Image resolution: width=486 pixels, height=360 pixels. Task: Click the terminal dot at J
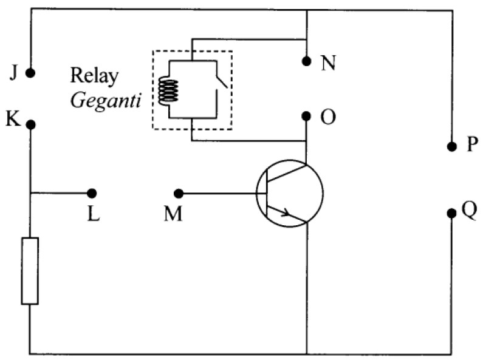30,73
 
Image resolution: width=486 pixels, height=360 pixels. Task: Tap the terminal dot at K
31,125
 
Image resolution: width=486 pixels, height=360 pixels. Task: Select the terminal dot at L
92,193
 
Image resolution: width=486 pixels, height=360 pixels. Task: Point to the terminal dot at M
179,194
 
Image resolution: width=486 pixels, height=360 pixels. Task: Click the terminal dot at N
306,61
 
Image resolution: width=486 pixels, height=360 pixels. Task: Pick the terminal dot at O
306,116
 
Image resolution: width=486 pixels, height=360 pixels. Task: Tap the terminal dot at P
452,146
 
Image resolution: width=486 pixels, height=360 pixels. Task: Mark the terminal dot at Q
451,213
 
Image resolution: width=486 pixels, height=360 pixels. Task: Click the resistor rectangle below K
30,271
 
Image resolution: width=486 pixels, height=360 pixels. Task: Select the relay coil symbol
168,91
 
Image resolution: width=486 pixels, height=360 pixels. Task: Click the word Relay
95,76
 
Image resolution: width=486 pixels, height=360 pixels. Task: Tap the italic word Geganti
106,101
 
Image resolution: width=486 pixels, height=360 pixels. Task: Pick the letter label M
173,214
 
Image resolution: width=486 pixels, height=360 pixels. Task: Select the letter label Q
469,211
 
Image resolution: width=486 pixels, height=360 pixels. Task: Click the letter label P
473,144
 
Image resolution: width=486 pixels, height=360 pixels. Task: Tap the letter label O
328,117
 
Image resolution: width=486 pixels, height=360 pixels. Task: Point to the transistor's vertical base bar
267,194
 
